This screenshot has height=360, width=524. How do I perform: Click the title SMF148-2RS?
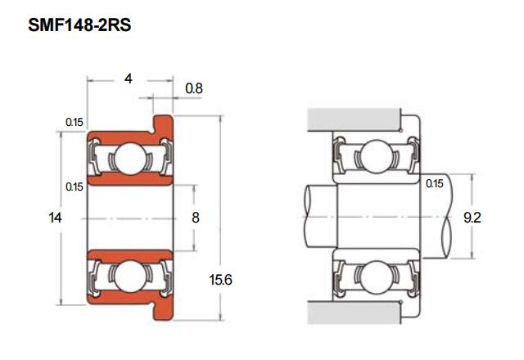(79, 25)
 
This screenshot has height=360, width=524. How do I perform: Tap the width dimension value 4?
(128, 79)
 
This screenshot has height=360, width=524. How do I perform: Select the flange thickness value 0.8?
(194, 88)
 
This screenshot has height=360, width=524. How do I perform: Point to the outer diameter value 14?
(55, 218)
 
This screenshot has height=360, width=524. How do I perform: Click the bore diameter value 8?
(196, 218)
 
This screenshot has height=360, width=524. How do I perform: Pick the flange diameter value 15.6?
(220, 280)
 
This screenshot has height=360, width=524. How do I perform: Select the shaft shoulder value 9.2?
(472, 218)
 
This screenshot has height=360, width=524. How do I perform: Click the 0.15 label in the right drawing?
(435, 183)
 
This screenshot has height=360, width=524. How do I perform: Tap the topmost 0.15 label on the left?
(75, 122)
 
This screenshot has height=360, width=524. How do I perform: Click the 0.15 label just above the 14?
(75, 187)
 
